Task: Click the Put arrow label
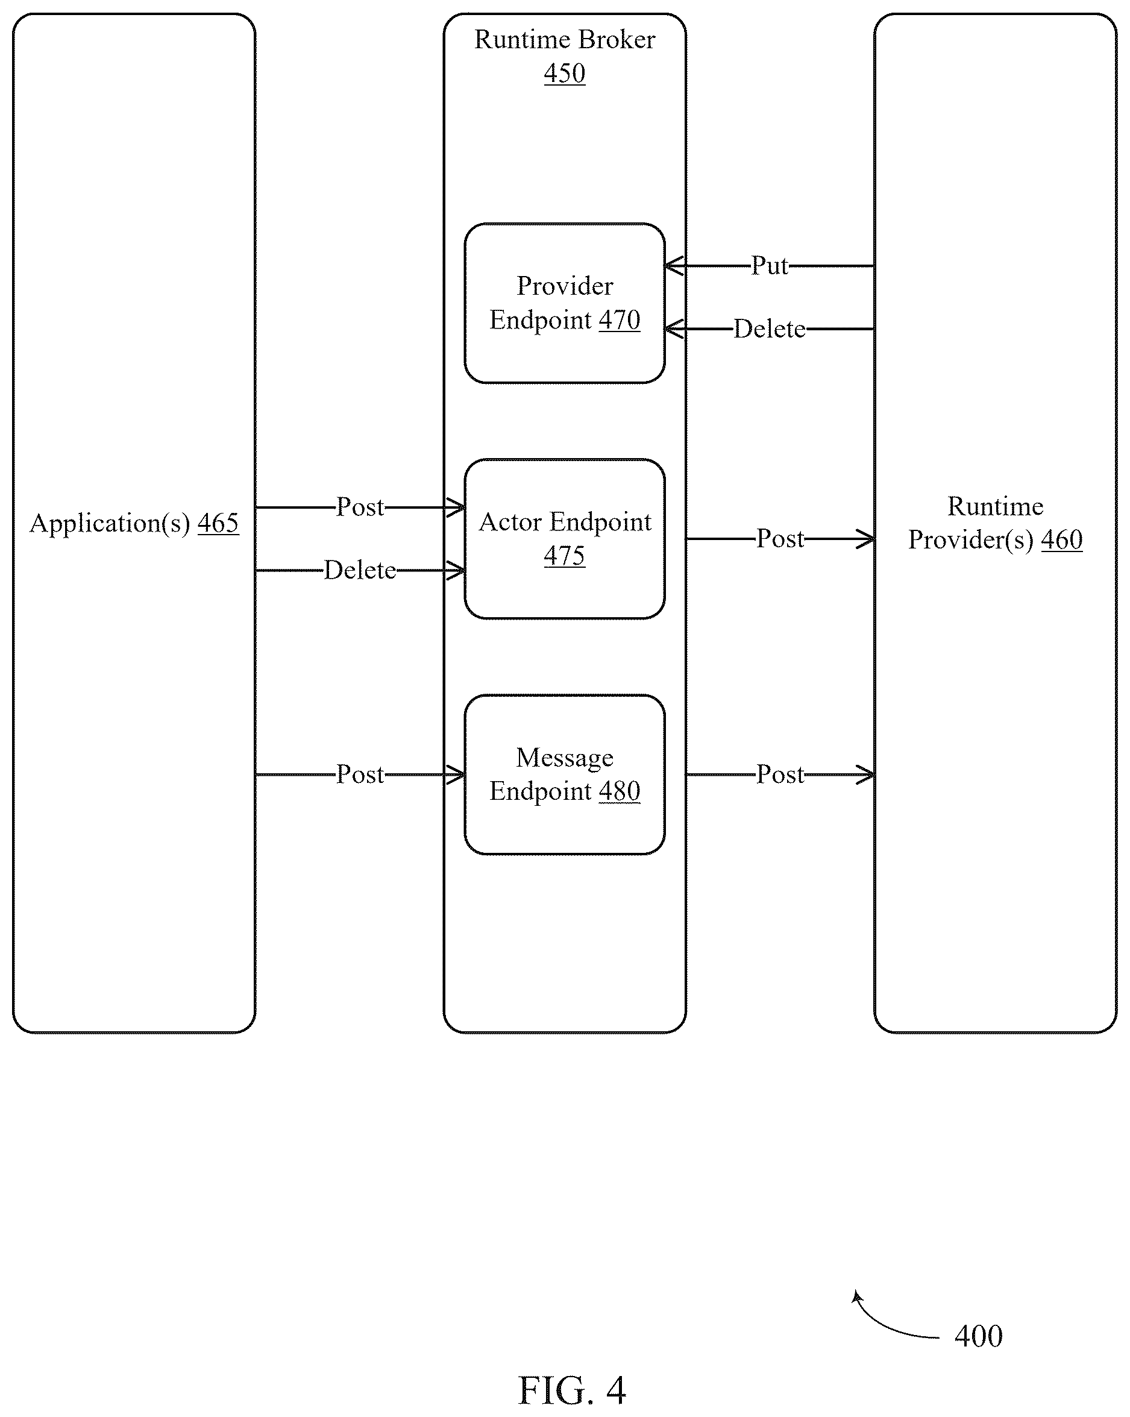770,266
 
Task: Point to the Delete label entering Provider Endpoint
770,328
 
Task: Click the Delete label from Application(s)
360,570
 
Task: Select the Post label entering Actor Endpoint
360,507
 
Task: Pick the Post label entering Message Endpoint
360,774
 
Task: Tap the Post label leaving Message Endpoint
780,774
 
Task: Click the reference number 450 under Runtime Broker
565,73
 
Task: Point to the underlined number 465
218,523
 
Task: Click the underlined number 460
1062,539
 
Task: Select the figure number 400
979,1336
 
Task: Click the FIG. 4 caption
572,1390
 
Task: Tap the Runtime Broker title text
565,39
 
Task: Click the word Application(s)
110,524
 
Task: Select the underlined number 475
565,556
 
